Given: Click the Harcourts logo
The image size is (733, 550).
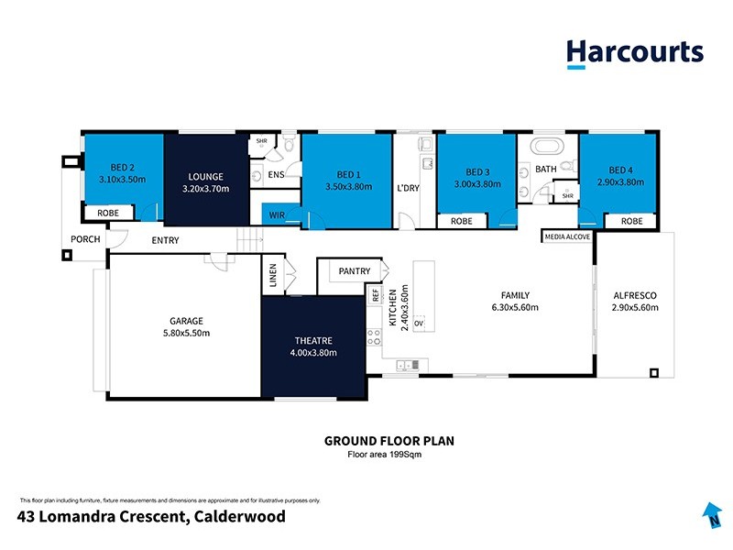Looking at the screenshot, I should click(634, 52).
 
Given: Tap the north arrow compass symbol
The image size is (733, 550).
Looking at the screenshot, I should click(709, 516).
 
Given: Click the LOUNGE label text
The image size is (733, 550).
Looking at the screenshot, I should click(205, 176).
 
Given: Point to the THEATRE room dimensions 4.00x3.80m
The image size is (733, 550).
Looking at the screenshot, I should click(313, 353).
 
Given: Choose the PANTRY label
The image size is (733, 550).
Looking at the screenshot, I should click(354, 271).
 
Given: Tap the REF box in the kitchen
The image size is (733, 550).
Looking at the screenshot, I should click(375, 295).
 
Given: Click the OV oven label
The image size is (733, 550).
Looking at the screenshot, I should click(419, 324).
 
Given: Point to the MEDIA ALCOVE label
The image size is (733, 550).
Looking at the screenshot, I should click(567, 236).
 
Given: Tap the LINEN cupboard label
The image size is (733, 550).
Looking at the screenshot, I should click(273, 276).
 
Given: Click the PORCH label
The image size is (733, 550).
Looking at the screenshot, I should click(85, 240).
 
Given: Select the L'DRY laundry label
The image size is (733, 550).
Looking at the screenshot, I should click(408, 188).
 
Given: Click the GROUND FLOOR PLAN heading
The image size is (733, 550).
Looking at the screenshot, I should click(389, 441).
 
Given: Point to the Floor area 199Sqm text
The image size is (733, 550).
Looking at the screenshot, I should click(389, 454).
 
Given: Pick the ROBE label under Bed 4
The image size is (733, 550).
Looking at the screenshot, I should click(631, 221).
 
